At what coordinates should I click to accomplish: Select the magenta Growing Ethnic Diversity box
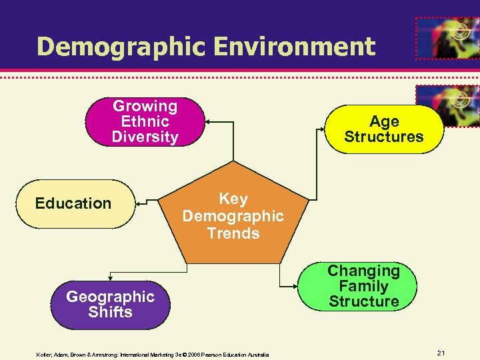click(145, 121)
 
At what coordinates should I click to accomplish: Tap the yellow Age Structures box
click(384, 129)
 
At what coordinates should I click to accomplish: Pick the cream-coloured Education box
click(73, 203)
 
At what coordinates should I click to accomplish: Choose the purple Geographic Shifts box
click(110, 305)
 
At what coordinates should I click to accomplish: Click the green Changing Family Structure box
click(363, 287)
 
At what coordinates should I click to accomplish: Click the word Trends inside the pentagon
click(233, 233)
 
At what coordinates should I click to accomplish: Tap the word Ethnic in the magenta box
click(145, 121)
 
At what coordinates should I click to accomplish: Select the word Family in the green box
click(363, 287)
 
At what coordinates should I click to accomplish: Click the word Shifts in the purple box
click(110, 312)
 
